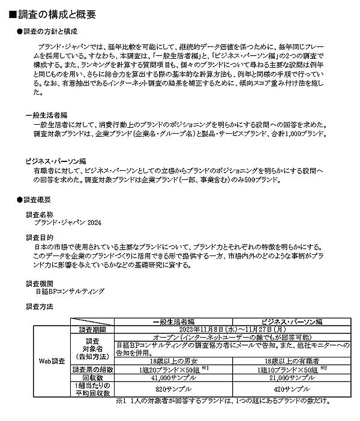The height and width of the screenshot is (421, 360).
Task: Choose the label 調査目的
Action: (40, 237)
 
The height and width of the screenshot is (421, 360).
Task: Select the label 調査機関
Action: (40, 282)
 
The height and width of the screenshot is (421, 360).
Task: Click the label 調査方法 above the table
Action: (40, 306)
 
